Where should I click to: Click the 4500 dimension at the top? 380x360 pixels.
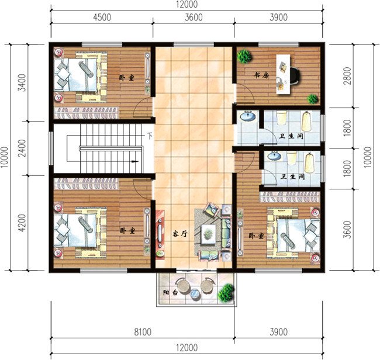tap(101, 17)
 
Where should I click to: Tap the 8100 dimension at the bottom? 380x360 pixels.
tap(142, 332)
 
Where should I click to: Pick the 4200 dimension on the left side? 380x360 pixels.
tap(22, 223)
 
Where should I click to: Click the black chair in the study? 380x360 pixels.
tap(292, 74)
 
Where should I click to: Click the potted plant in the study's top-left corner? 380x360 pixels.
tap(244, 56)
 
